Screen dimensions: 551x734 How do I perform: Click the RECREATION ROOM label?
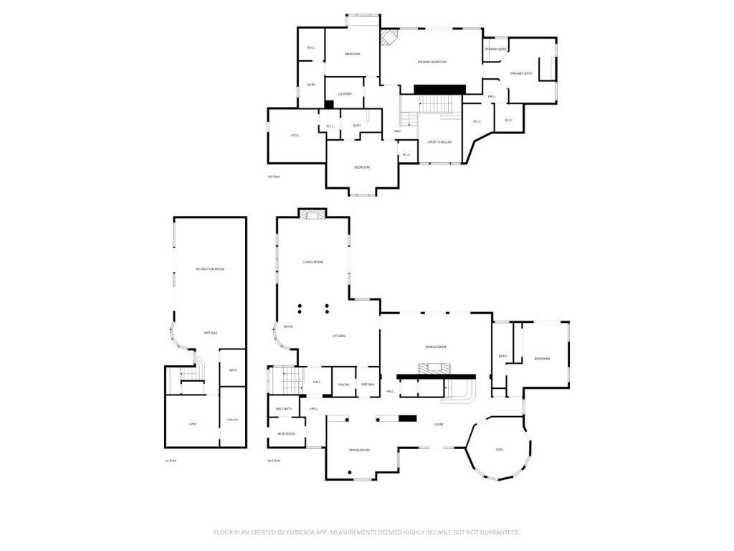tap(210, 269)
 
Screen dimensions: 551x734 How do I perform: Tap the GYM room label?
tap(192, 424)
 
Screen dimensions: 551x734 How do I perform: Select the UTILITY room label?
tap(233, 420)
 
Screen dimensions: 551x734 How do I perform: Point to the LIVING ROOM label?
tap(313, 262)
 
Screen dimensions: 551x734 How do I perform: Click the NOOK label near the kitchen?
tap(287, 326)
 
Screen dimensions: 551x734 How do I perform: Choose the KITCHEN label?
tap(339, 336)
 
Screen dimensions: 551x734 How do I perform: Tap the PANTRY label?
tap(343, 385)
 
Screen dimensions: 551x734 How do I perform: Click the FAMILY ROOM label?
tap(436, 347)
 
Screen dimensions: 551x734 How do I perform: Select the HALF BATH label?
tap(284, 409)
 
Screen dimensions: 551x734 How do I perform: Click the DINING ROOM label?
tap(359, 450)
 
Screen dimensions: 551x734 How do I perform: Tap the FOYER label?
tap(438, 424)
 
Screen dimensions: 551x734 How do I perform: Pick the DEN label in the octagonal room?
tap(499, 450)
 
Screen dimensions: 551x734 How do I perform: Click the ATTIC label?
tap(295, 135)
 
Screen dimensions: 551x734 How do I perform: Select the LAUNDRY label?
tap(345, 94)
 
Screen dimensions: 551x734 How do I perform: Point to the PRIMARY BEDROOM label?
tap(432, 62)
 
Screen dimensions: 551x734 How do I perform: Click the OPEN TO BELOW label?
tap(439, 142)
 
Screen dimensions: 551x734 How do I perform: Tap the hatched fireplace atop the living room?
tap(312, 214)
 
